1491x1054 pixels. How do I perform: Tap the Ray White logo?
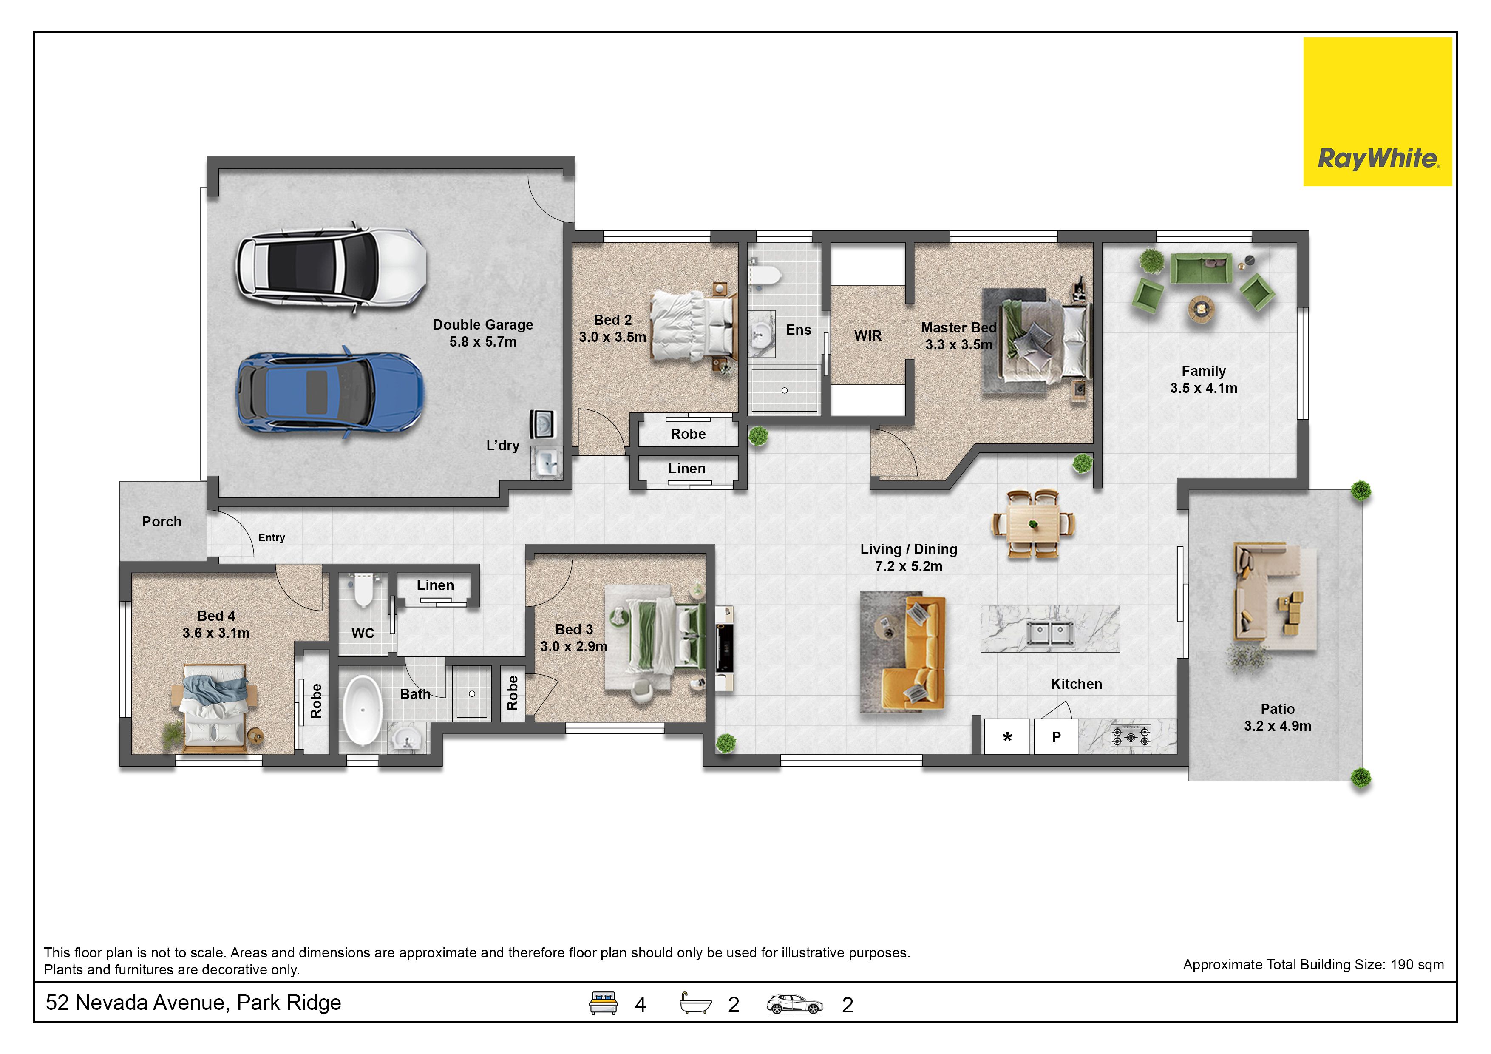coord(1378,112)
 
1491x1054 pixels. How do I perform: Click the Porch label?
coord(162,522)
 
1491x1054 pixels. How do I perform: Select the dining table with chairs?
coord(1033,523)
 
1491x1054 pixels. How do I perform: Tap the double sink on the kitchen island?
coord(1049,631)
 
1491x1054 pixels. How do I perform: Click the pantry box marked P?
coord(1056,736)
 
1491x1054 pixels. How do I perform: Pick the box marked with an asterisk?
coord(1007,736)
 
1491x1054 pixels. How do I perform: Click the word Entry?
coord(272,538)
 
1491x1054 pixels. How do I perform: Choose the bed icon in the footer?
coord(603,1003)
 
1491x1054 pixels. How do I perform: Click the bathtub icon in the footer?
coord(695,1003)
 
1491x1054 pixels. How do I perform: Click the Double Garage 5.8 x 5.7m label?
coord(483,333)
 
